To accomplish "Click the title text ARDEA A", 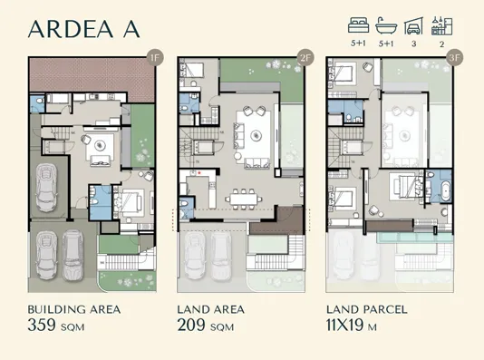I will pos(83,28).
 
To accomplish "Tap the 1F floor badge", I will pos(155,61).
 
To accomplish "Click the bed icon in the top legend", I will pos(359,24).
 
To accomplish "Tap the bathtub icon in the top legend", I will pos(387,24).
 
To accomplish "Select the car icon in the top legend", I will pos(414,24).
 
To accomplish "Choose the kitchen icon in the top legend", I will pos(442,24).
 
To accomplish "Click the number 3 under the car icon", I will pos(414,43).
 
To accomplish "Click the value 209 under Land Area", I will pos(193,325).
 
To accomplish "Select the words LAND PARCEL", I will pos(367,309).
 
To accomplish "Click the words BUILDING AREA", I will pos(74,309).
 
